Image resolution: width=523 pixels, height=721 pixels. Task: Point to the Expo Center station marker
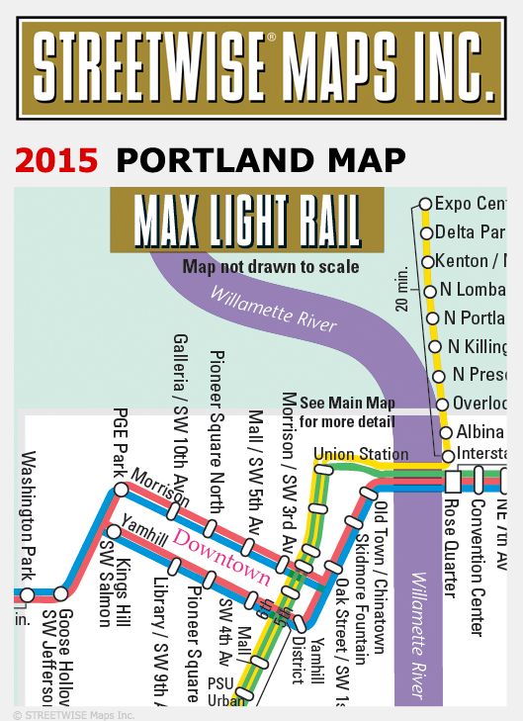426,204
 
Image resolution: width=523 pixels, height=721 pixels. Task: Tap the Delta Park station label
470,232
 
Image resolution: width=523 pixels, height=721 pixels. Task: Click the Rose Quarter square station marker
453,482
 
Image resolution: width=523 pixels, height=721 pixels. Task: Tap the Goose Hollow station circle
61,594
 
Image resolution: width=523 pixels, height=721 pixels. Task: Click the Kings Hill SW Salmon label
115,584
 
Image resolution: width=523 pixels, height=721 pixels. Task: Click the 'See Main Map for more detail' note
347,412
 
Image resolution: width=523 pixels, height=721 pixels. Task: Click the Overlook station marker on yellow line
442,404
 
